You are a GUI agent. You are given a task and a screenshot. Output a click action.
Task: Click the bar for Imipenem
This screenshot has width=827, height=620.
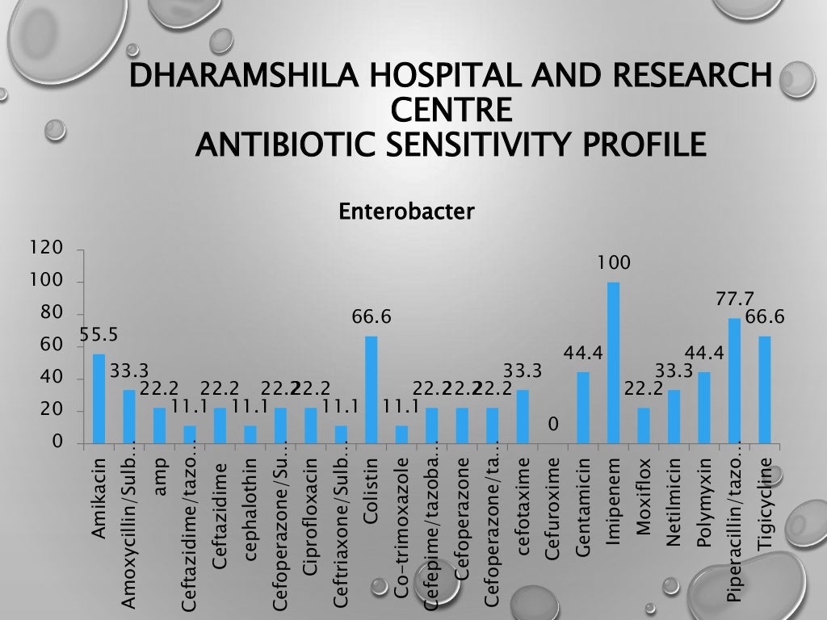pyautogui.click(x=613, y=363)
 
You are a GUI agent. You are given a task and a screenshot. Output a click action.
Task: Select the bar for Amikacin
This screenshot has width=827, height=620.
pyautogui.click(x=99, y=399)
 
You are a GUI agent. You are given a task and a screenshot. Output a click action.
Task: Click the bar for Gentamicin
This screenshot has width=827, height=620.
pyautogui.click(x=583, y=408)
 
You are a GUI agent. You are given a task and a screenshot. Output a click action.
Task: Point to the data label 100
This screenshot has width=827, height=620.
pyautogui.click(x=614, y=263)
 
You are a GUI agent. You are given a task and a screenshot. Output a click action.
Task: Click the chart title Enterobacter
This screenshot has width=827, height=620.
pyautogui.click(x=406, y=212)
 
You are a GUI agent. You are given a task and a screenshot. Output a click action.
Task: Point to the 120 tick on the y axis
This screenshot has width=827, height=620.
pyautogui.click(x=46, y=249)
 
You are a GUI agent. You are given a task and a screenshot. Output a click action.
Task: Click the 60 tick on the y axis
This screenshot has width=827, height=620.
pyautogui.click(x=50, y=346)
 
